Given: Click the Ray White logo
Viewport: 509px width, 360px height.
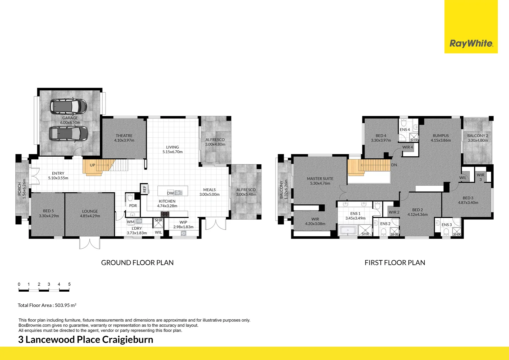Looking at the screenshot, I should point(471,43).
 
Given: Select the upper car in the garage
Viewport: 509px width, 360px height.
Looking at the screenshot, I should point(68,106).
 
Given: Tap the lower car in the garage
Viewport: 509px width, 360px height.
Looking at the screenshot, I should point(69,133).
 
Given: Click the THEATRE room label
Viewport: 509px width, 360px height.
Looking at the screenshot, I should point(124,136).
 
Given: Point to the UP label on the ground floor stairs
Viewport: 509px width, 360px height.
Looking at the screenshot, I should point(92,165).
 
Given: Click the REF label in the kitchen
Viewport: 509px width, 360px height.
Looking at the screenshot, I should point(144,189).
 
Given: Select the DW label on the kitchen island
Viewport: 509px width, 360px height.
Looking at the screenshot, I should point(170,193).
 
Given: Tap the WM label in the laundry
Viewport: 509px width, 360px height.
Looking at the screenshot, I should point(131,222).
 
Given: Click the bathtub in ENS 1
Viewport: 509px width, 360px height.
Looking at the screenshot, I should point(347,230).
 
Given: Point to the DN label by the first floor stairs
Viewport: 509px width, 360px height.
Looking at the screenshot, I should point(394,165).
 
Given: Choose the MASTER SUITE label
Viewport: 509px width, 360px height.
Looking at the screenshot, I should point(320,179).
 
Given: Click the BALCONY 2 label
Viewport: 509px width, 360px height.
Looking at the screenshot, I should point(477,136).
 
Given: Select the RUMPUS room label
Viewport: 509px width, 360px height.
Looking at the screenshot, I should point(441,136).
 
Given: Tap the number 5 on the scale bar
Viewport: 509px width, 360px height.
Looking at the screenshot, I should point(69,284).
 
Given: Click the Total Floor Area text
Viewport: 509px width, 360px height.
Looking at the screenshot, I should point(47,305).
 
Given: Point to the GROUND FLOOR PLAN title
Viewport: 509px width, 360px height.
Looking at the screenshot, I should point(137,263).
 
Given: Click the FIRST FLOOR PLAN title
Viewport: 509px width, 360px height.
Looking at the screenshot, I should point(395,263).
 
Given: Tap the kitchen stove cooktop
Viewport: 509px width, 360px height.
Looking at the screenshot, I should point(165,214).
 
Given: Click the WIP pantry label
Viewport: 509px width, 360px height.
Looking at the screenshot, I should point(183,222).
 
